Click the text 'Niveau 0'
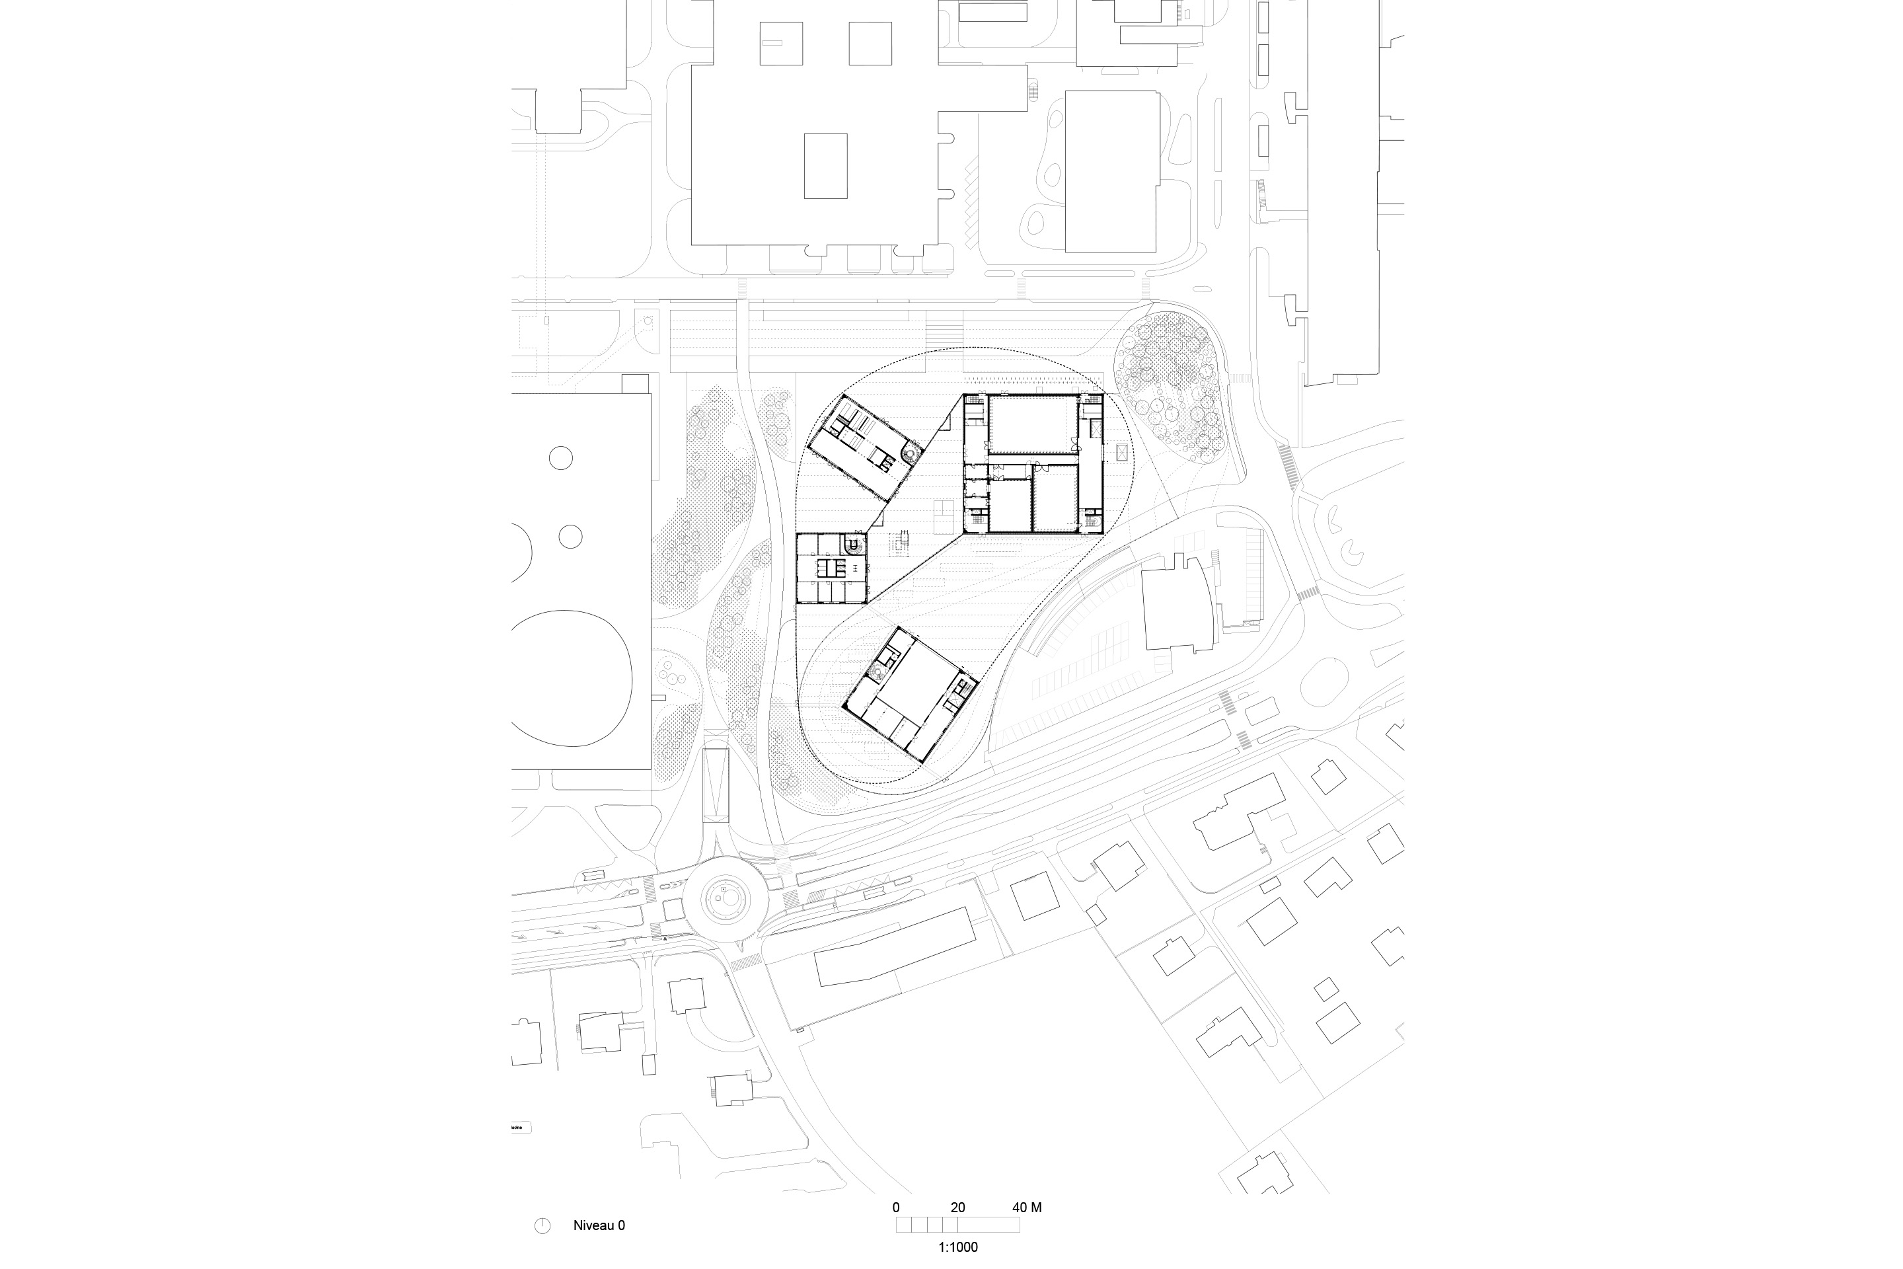click(x=599, y=1225)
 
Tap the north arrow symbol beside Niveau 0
click(x=542, y=1226)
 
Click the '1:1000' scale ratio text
click(x=958, y=1247)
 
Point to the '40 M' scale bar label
click(x=1027, y=1208)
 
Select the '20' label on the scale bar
click(x=958, y=1208)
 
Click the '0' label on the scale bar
click(x=896, y=1208)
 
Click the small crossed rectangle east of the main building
click(x=1121, y=452)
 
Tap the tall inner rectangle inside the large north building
click(x=825, y=166)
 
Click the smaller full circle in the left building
click(x=570, y=536)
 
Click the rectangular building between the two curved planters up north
click(x=1111, y=172)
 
